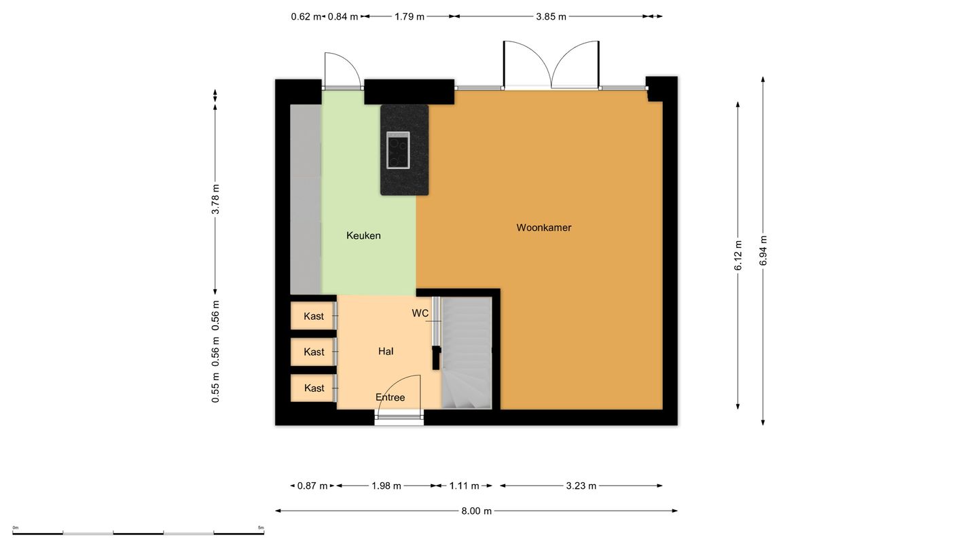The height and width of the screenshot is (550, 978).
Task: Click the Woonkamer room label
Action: pos(543,227)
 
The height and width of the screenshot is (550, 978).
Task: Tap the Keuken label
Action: pos(363,236)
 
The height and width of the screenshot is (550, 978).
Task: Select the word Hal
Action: pos(386,352)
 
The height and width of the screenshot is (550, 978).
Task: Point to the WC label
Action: pos(420,314)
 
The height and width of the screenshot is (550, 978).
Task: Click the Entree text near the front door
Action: pos(391,397)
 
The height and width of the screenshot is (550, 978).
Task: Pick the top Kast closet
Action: pos(314,316)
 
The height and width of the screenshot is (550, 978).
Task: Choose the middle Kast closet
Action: pos(314,352)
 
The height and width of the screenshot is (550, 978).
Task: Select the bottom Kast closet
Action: pos(314,388)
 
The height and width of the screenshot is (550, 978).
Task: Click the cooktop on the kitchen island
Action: pos(398,150)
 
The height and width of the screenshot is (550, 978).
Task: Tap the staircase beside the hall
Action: pos(467,353)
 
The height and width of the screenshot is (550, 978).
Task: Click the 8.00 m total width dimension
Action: pos(476,511)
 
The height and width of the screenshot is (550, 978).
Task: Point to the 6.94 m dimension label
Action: pos(763,251)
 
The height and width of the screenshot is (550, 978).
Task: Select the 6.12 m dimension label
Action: pos(738,255)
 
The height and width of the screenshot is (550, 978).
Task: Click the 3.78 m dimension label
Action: pos(215,200)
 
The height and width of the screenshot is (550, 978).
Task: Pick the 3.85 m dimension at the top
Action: pos(551,16)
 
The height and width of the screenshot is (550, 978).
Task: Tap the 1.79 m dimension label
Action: pos(410,16)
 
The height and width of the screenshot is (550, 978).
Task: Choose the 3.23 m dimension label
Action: pos(581,486)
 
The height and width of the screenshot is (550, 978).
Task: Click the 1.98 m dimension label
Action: pos(386,486)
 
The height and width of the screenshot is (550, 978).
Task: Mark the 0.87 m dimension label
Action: pos(312,486)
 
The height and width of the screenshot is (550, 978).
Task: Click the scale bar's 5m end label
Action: pos(261,528)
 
